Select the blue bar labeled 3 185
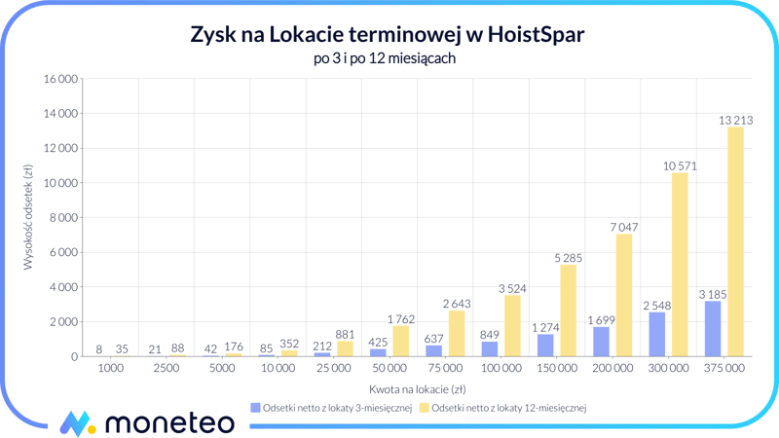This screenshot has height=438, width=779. (x=712, y=329)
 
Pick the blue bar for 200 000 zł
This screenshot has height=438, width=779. (x=601, y=342)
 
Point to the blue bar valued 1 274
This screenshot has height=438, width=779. (x=545, y=346)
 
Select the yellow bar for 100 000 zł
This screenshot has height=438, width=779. (x=512, y=326)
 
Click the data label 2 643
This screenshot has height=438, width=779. (x=457, y=304)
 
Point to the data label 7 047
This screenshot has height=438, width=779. (x=624, y=227)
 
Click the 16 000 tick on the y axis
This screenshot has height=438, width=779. (x=60, y=79)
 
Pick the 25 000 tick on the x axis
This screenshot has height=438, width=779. (x=333, y=369)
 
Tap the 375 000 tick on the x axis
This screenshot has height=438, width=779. (x=723, y=369)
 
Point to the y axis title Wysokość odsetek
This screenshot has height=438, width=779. (x=28, y=219)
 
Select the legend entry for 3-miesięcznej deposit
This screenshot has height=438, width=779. (x=331, y=408)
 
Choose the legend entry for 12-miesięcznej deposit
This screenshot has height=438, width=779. (x=502, y=408)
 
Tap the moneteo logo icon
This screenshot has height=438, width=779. (x=77, y=422)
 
